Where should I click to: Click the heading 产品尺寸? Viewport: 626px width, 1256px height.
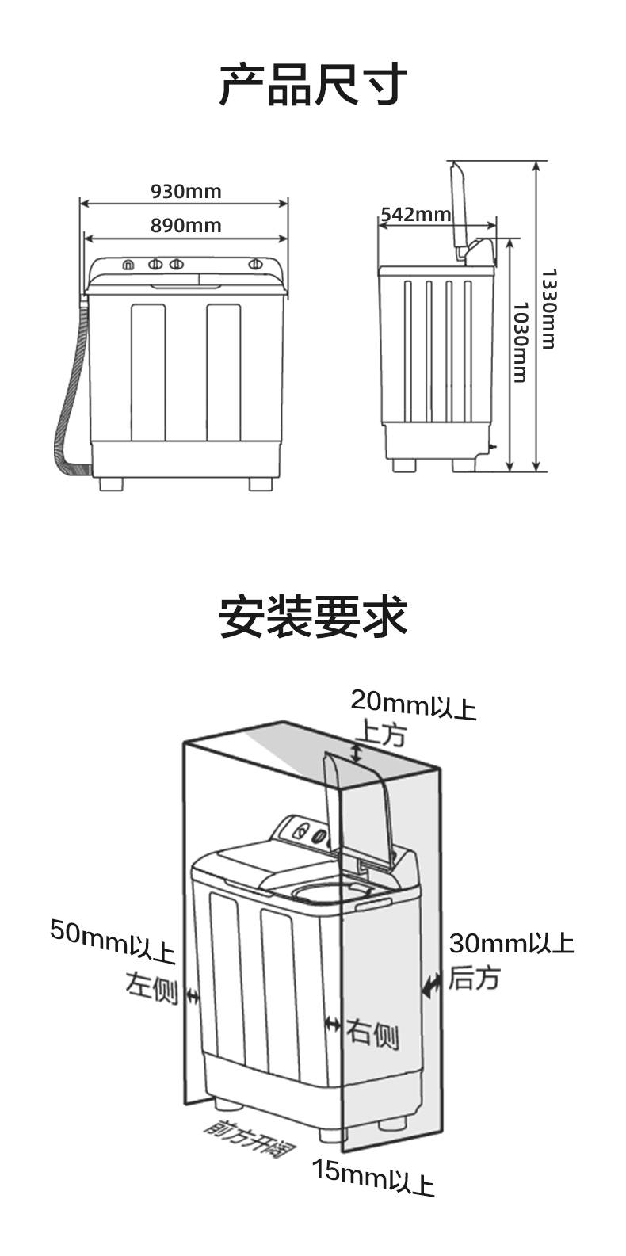[x=313, y=85]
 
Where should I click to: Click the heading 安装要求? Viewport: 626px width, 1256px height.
[x=313, y=617]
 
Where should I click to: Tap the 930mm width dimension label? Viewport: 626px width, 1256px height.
[x=186, y=191]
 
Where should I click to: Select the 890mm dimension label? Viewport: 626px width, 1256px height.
[x=186, y=226]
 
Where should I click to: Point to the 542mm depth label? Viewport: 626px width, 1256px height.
[x=415, y=215]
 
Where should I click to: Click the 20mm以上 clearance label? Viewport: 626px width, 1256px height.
[x=413, y=703]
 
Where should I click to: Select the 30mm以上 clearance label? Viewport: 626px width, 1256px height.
[x=511, y=944]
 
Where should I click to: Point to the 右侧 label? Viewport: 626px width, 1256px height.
[x=372, y=1033]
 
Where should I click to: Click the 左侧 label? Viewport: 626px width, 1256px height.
[x=151, y=987]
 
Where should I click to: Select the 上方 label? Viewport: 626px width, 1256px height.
[x=383, y=734]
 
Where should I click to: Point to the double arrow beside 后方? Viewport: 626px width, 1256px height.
[x=432, y=986]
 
